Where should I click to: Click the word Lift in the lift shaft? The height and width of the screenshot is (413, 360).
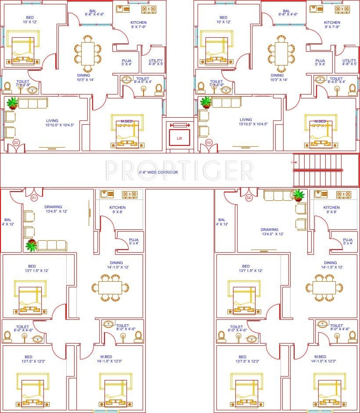pos(179,138)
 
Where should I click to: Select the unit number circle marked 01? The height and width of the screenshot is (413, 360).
pos(34,198)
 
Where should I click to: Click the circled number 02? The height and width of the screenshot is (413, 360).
pos(16,142)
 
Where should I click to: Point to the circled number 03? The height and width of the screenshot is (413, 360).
pos(209,142)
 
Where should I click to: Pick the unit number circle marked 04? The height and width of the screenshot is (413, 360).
pos(249,198)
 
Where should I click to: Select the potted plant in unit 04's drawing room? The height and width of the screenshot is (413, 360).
pos(299,195)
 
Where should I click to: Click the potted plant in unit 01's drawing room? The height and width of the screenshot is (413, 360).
pos(31,246)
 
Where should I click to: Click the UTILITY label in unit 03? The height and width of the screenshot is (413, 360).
pos(349,61)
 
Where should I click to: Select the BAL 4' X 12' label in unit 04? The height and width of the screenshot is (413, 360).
pos(222,222)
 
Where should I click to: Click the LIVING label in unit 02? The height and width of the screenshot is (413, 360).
pos(52,120)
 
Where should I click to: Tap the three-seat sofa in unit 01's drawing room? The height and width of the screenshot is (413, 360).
pos(51,245)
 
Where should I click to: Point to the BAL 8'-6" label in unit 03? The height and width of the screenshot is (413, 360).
pos(286,12)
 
